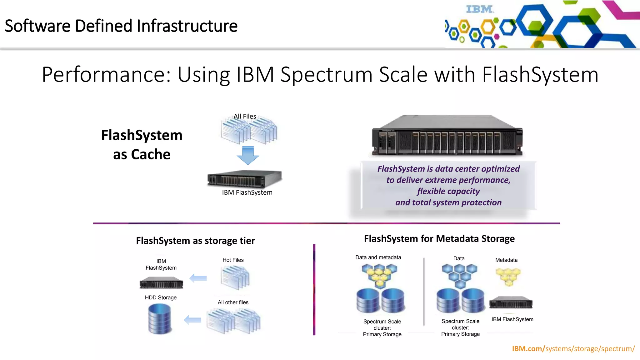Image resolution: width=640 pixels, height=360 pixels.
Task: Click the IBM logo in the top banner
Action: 480,9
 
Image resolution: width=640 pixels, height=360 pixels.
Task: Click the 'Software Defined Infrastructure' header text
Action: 121,26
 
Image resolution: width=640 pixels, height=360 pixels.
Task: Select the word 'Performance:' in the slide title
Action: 107,75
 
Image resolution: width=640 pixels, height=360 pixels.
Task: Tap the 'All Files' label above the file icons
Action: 245,116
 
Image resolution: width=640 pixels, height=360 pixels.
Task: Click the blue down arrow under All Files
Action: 248,155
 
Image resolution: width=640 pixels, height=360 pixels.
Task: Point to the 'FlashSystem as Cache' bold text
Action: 142,145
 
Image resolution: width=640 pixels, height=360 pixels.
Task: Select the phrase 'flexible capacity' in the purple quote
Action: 448,191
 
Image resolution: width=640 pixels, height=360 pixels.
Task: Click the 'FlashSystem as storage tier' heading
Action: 195,241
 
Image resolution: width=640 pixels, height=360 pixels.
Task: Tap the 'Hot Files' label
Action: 233,260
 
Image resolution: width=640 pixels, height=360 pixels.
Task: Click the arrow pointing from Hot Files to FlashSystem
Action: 198,278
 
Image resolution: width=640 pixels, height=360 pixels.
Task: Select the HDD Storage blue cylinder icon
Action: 160,319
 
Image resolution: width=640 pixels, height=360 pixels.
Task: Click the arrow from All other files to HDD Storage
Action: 192,320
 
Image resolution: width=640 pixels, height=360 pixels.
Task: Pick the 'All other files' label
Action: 233,302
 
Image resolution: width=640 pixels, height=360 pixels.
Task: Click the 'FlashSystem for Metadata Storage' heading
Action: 439,239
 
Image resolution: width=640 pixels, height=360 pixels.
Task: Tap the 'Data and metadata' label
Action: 378,257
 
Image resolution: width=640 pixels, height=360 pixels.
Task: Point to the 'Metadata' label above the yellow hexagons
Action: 506,260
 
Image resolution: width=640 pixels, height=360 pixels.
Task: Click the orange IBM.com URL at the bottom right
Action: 573,349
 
